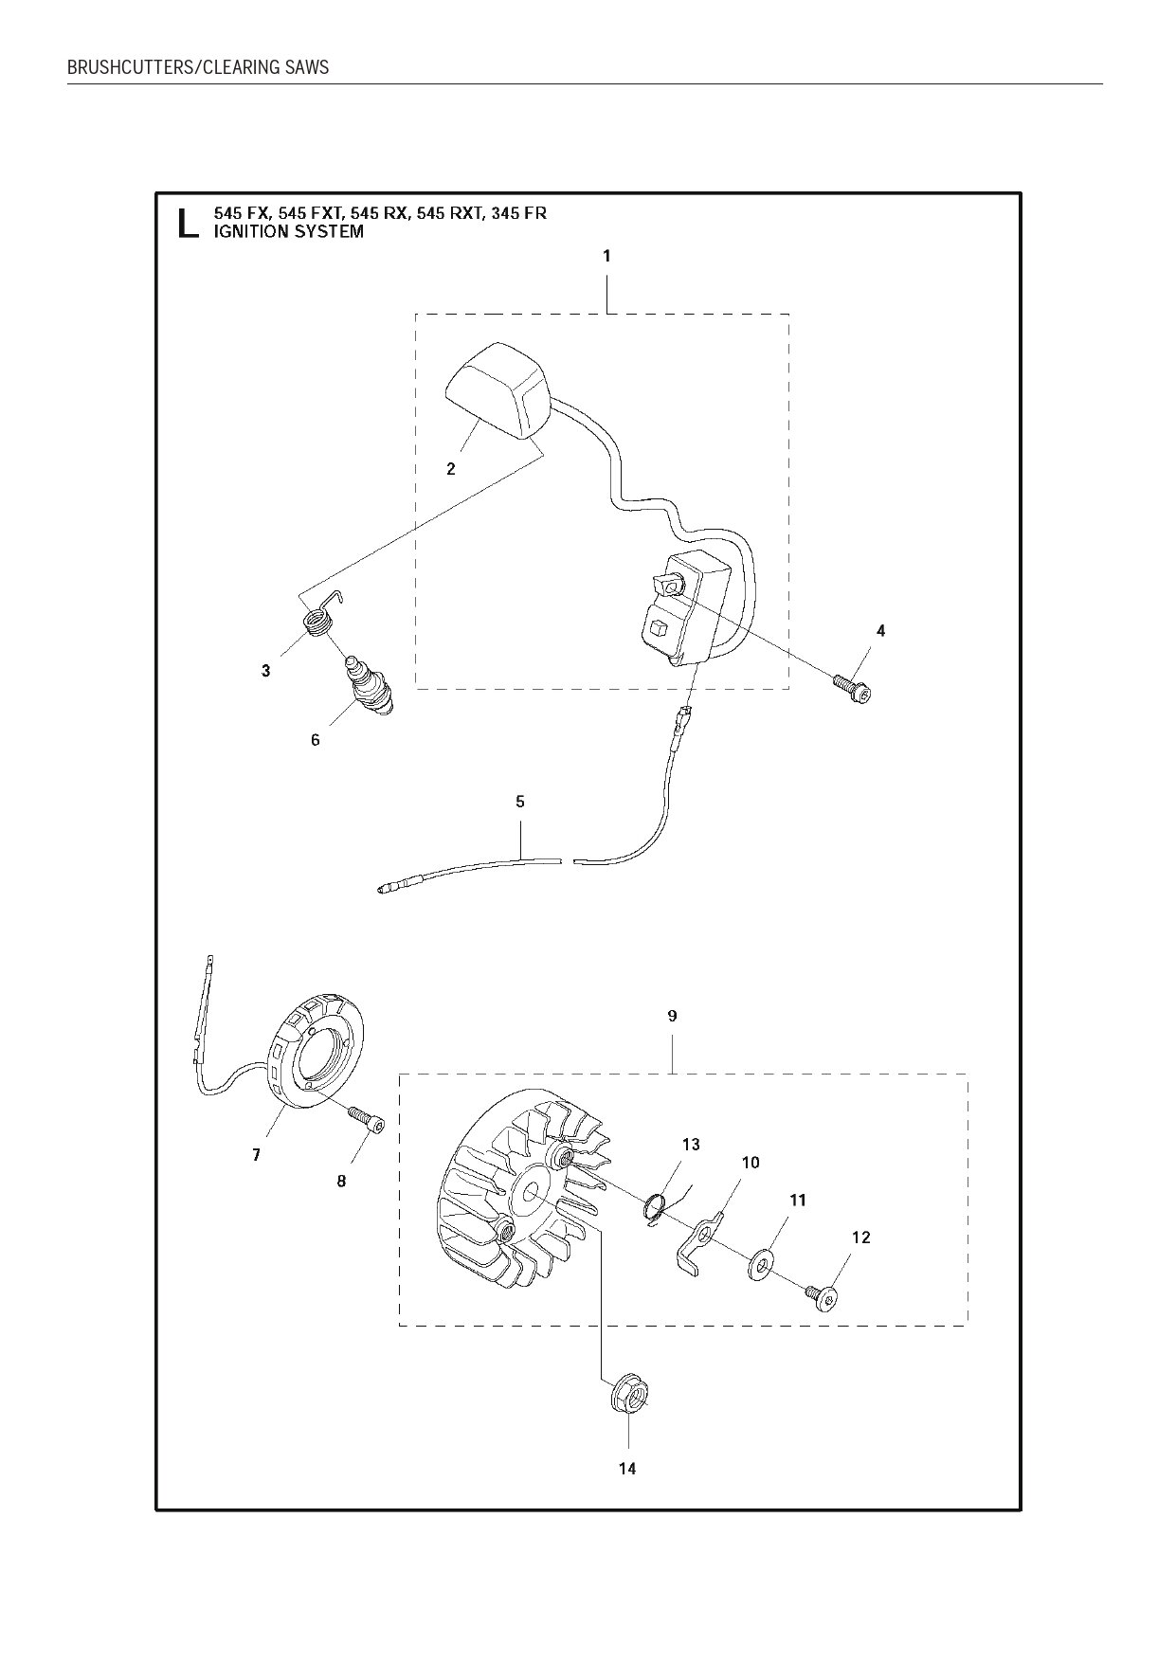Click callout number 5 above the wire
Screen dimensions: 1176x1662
pos(519,802)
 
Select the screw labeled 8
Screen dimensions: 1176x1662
pos(370,1119)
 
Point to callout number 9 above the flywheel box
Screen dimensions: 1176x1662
pos(672,1016)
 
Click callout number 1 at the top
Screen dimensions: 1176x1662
pos(606,256)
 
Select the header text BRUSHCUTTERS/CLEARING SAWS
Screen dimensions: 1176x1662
pos(198,67)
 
